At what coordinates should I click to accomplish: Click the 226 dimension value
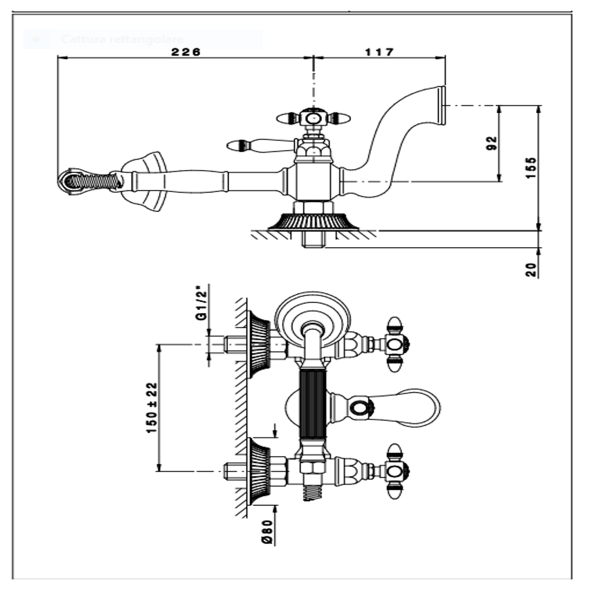[x=186, y=52]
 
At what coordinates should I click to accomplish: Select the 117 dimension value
[x=379, y=52]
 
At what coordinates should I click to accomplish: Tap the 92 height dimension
[x=492, y=143]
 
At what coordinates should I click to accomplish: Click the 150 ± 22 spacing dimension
[x=152, y=407]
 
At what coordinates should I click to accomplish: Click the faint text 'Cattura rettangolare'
[x=123, y=39]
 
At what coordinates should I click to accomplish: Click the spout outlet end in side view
[x=441, y=106]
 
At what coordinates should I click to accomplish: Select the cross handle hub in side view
[x=313, y=118]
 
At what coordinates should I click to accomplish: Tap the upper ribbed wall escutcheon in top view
[x=259, y=344]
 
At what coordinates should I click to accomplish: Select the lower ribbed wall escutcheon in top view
[x=259, y=471]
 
